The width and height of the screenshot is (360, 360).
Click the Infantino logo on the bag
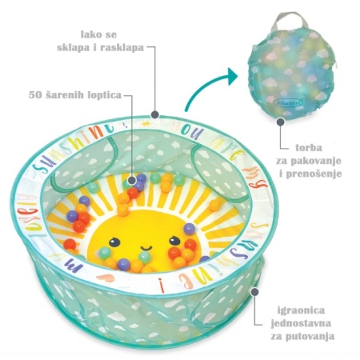[289, 102]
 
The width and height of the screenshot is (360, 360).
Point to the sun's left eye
[114, 242]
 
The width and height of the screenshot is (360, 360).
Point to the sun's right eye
[174, 241]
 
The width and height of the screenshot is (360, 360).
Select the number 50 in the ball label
[35, 94]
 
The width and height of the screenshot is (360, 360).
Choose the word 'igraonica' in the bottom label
[301, 311]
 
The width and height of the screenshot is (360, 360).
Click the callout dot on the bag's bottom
[280, 122]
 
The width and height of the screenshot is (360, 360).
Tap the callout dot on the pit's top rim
[155, 114]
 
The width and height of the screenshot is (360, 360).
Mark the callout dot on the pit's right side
[255, 290]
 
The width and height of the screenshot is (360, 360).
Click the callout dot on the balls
[132, 180]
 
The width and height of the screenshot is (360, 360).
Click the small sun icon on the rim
[146, 124]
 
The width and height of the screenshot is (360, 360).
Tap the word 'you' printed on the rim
[191, 131]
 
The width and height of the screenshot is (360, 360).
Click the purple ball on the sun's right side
[190, 229]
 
